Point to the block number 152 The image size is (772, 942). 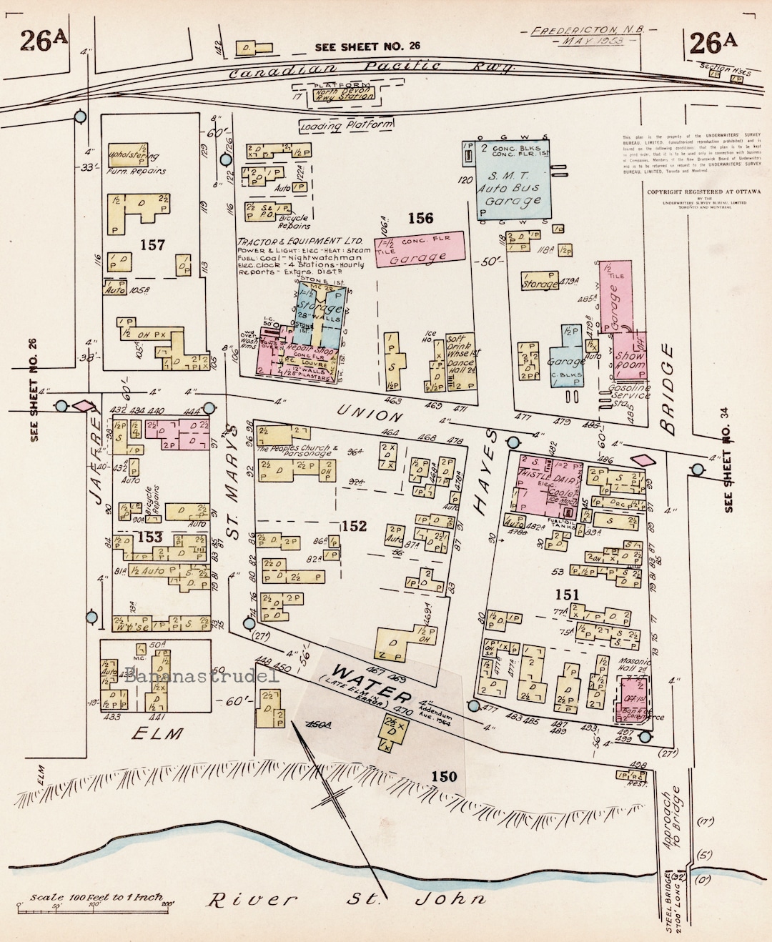point(354,526)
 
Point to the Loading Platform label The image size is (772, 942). point(347,126)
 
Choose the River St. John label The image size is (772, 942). point(346,899)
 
